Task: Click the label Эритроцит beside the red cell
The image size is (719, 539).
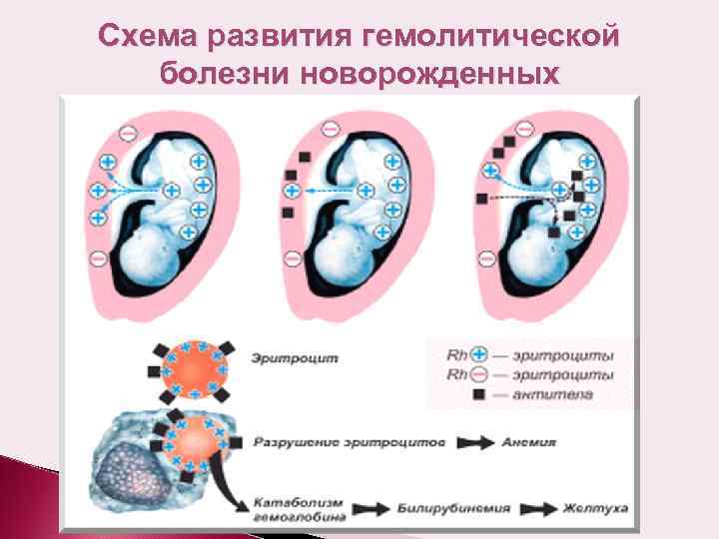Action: [x=282, y=355]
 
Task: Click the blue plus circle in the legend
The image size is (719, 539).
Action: [x=478, y=353]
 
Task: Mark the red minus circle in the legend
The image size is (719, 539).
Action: [x=478, y=374]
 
